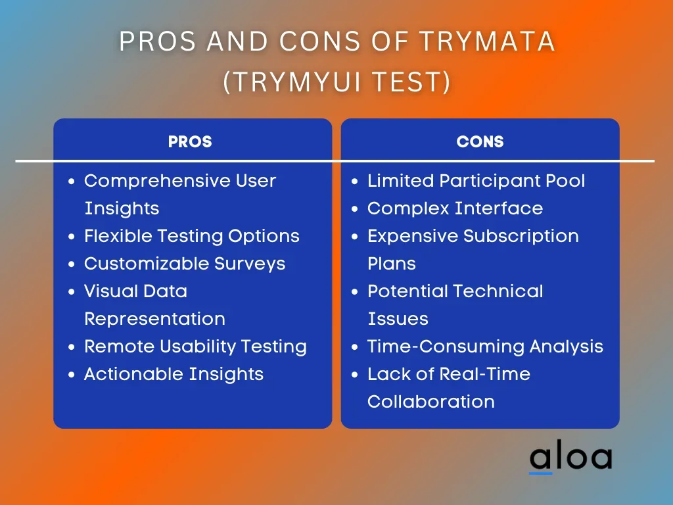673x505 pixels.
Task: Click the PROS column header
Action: [190, 142]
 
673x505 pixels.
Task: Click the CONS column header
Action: [480, 142]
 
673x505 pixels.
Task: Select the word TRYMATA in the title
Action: [487, 41]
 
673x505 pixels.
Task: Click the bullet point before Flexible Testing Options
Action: [71, 237]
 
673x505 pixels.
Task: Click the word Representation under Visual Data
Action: [155, 319]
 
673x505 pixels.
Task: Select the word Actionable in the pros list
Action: [134, 374]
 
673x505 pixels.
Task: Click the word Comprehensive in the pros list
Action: [157, 181]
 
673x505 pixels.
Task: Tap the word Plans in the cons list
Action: [392, 264]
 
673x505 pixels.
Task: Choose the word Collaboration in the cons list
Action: [431, 402]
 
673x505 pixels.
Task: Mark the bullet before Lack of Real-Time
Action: [354, 374]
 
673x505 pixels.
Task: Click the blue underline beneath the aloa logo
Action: [541, 473]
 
